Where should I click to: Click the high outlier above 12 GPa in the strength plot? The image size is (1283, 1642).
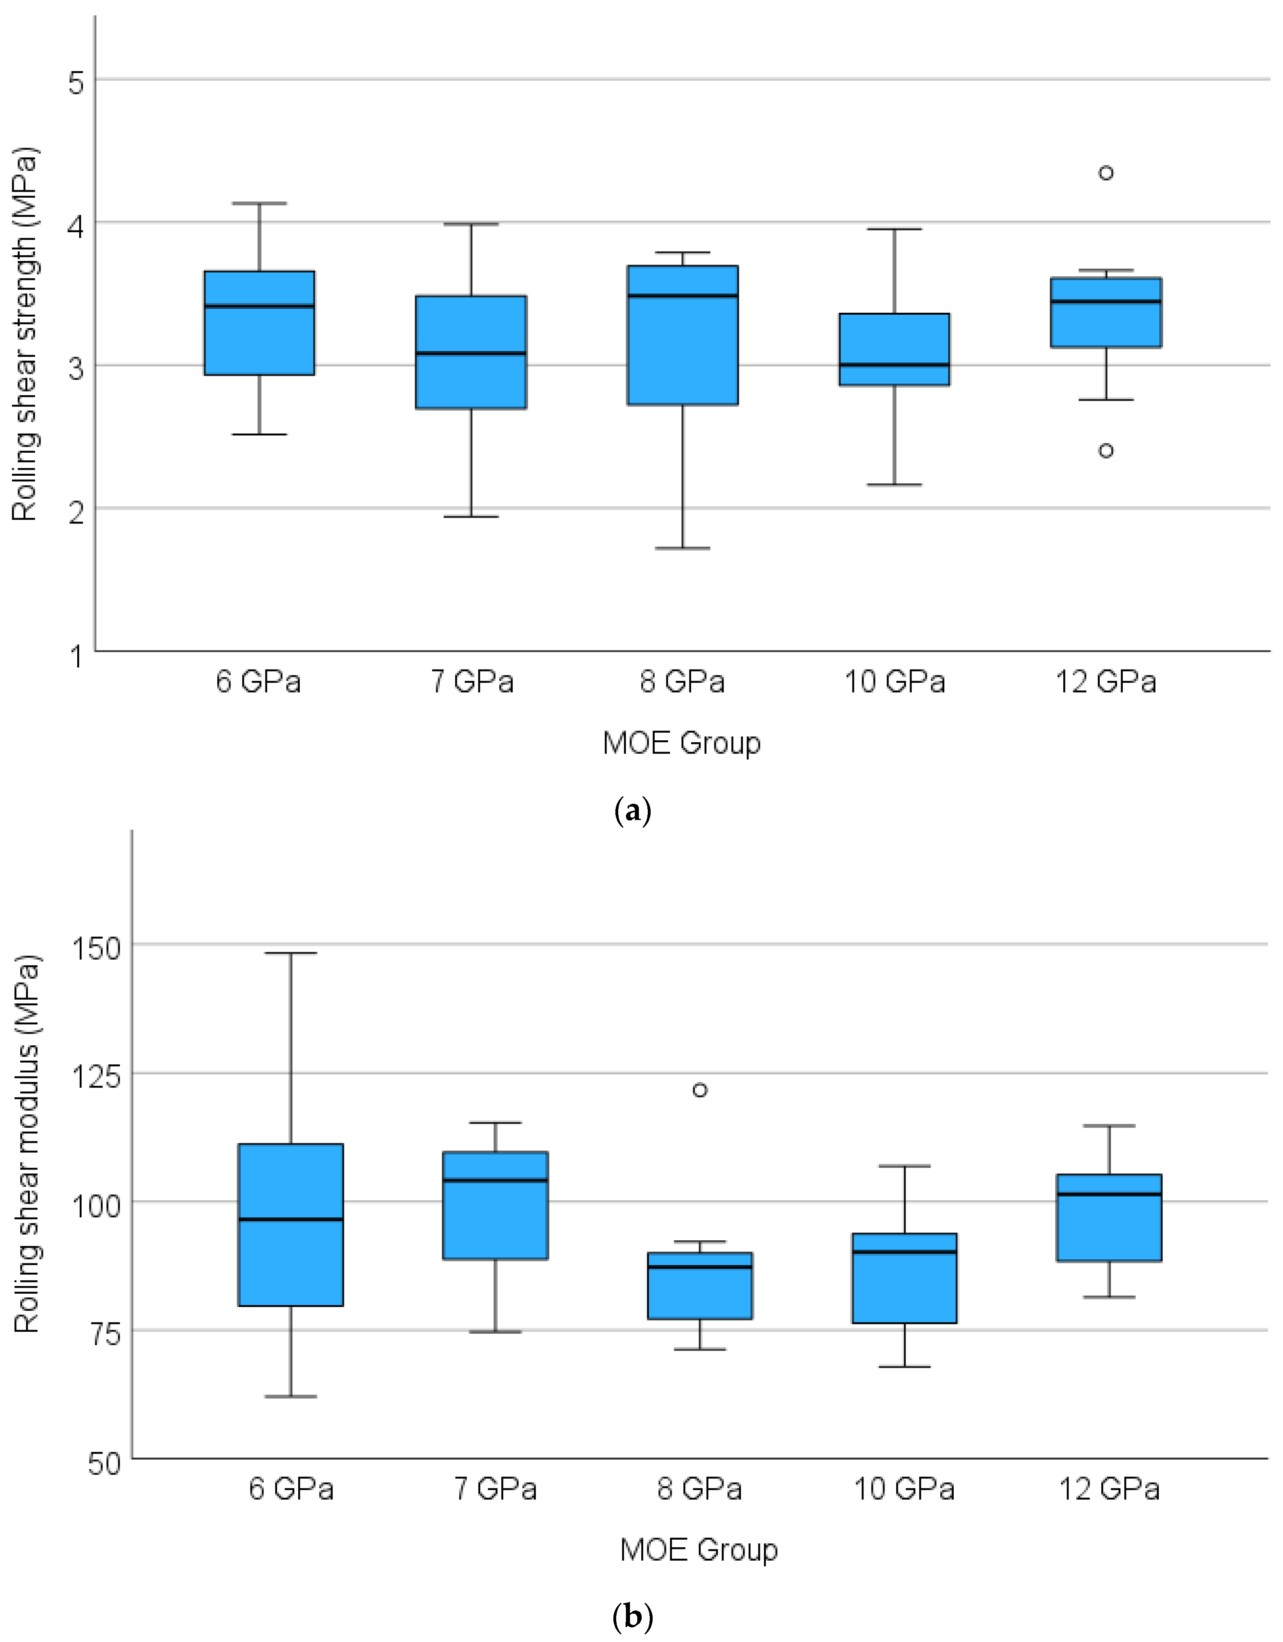1105,173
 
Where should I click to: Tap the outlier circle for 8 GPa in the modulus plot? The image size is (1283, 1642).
700,1090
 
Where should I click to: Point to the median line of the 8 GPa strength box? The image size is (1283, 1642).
683,295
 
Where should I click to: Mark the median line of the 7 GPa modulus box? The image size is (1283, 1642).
496,1180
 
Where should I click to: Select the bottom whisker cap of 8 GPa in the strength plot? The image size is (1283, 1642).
683,548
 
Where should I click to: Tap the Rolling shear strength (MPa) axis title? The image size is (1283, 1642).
25,335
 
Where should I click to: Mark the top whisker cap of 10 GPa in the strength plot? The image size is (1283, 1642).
895,229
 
